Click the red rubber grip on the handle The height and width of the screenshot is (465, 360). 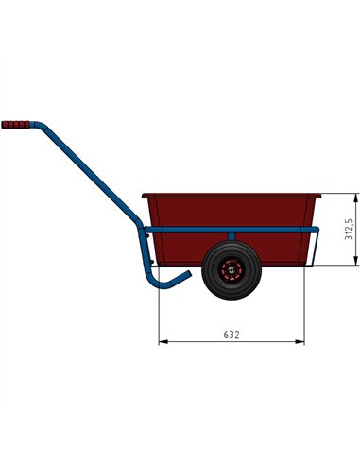point(15,124)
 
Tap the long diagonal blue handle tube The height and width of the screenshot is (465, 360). point(86,175)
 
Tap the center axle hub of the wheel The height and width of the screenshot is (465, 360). point(226,271)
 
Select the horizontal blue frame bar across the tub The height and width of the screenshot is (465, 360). point(189,230)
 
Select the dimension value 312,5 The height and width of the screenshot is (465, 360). point(349,230)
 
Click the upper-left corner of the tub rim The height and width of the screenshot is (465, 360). point(144,196)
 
